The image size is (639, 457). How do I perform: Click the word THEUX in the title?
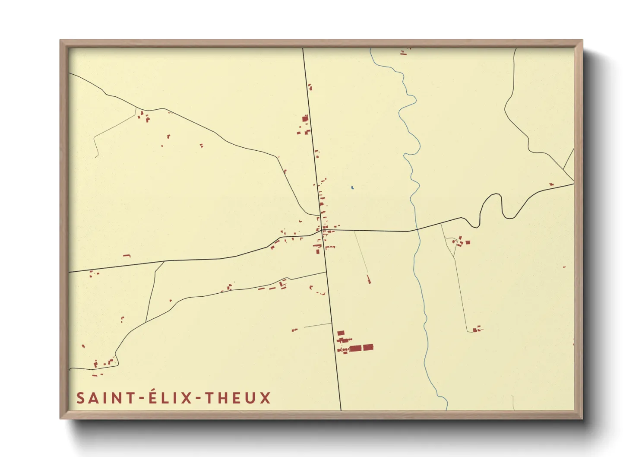pos(237,398)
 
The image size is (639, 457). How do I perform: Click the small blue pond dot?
pos(353,187)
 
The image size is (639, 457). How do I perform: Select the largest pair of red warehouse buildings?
pos(361,348)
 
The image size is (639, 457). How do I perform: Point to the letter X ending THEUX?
pos(265,398)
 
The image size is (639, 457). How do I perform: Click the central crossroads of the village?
pos(324,230)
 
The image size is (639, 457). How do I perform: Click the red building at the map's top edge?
pos(404,53)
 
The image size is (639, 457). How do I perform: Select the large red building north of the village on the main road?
pos(305,118)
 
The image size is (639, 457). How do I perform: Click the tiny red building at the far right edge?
pos(564,267)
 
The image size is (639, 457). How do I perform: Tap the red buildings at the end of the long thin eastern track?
pos(476,330)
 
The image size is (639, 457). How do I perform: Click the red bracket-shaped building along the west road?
pos(127,256)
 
